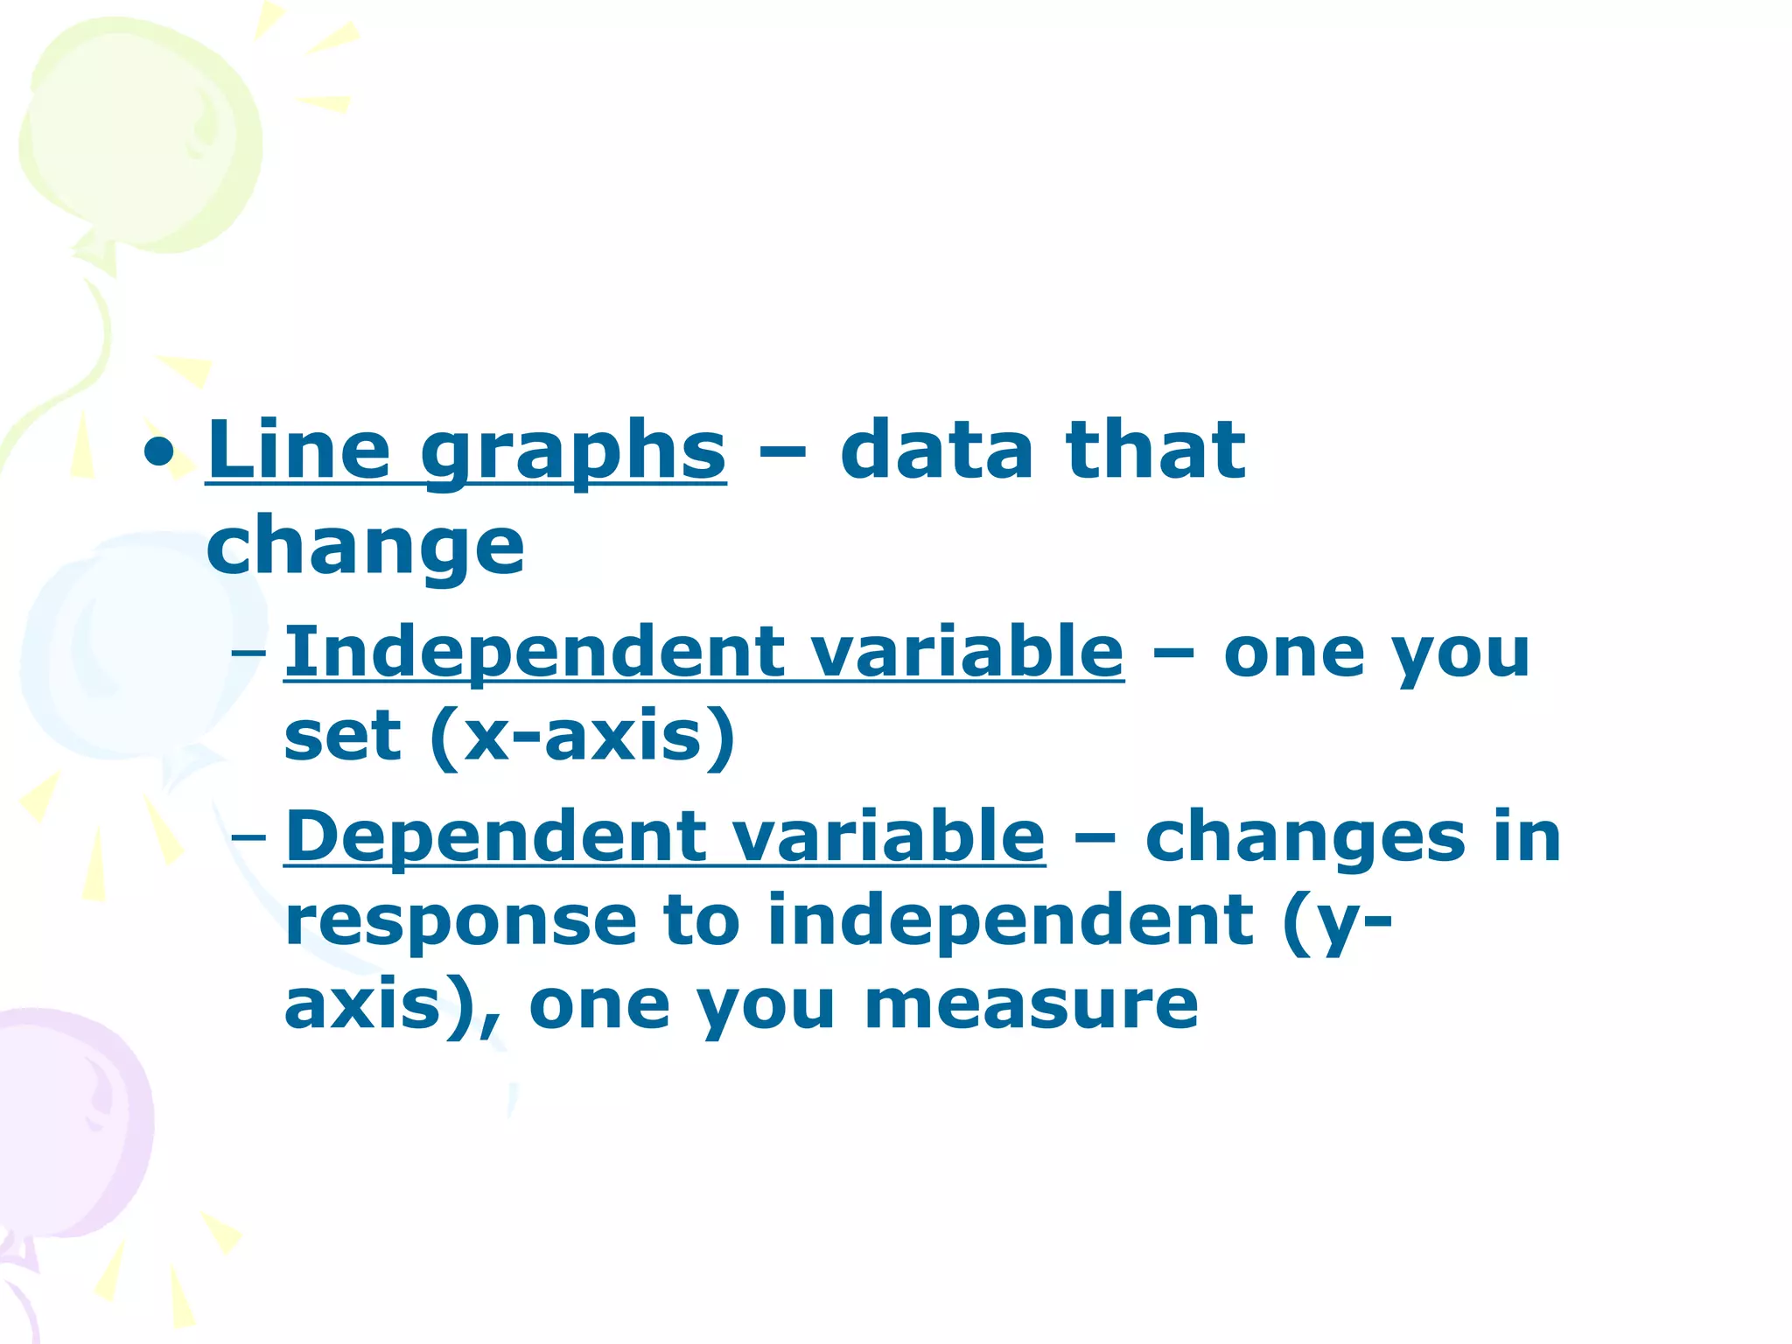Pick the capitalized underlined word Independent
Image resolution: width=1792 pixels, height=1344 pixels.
pyautogui.click(x=534, y=652)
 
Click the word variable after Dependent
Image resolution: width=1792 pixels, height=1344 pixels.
pyautogui.click(x=888, y=836)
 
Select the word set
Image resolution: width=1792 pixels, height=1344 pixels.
pyautogui.click(x=342, y=737)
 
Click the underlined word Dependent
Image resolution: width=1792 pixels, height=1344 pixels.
pyautogui.click(x=494, y=836)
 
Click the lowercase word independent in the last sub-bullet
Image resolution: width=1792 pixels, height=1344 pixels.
pyautogui.click(x=1011, y=920)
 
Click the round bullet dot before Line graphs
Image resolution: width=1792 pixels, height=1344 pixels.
pyautogui.click(x=159, y=452)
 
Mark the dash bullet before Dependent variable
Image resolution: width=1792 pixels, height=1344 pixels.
pyautogui.click(x=248, y=837)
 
